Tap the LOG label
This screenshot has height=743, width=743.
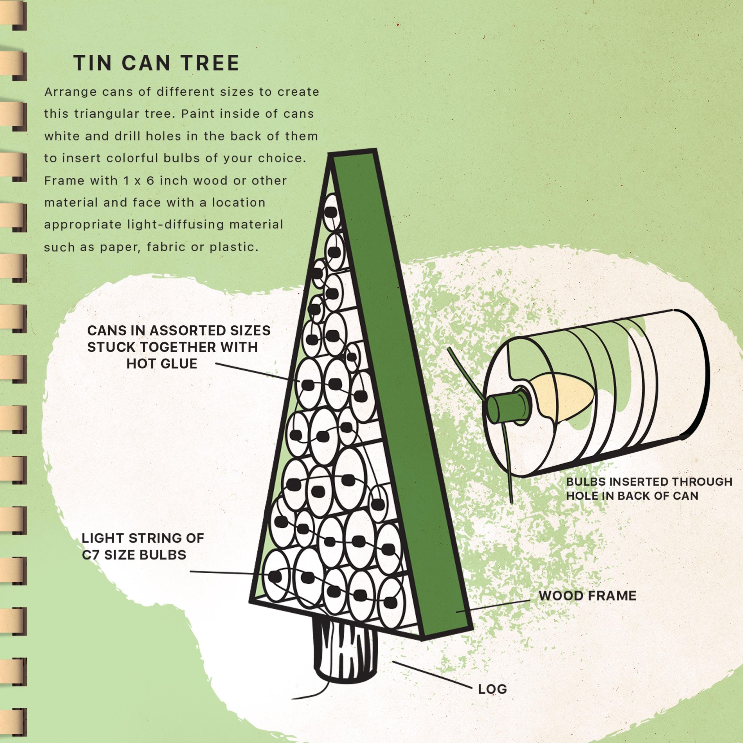pyautogui.click(x=492, y=689)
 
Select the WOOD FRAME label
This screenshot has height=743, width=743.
pyautogui.click(x=587, y=596)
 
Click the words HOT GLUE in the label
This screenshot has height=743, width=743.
pyautogui.click(x=162, y=363)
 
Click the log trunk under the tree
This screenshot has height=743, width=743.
pyautogui.click(x=345, y=654)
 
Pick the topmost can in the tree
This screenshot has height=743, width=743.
pyautogui.click(x=332, y=212)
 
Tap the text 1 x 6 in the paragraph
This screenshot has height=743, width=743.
pyautogui.click(x=139, y=180)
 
